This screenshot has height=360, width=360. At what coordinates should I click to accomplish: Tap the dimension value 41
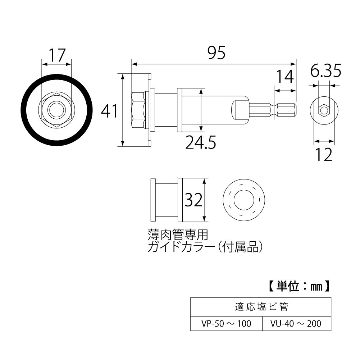(x=109, y=111)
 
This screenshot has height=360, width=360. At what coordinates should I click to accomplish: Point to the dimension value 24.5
(x=201, y=143)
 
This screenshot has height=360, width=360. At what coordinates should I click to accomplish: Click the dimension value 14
(x=285, y=77)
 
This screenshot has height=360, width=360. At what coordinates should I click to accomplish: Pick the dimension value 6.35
(x=325, y=72)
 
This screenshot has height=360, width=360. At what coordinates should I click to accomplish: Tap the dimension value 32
(x=193, y=200)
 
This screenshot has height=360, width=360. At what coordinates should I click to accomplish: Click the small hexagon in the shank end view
(x=324, y=110)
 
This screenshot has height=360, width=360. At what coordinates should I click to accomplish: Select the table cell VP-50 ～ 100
(x=226, y=324)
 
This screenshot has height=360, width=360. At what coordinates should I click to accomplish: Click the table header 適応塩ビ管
(x=261, y=307)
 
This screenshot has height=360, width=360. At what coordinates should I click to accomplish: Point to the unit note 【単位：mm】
(x=299, y=286)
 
